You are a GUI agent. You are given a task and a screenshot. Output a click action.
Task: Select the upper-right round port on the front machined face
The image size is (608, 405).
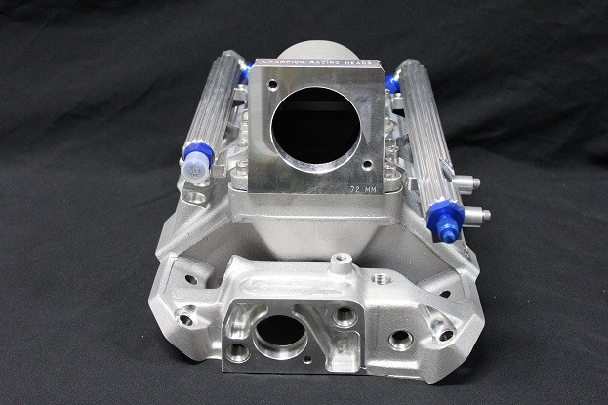click(x=344, y=315)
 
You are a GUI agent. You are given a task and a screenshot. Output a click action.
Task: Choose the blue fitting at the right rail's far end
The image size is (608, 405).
click(x=392, y=82)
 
